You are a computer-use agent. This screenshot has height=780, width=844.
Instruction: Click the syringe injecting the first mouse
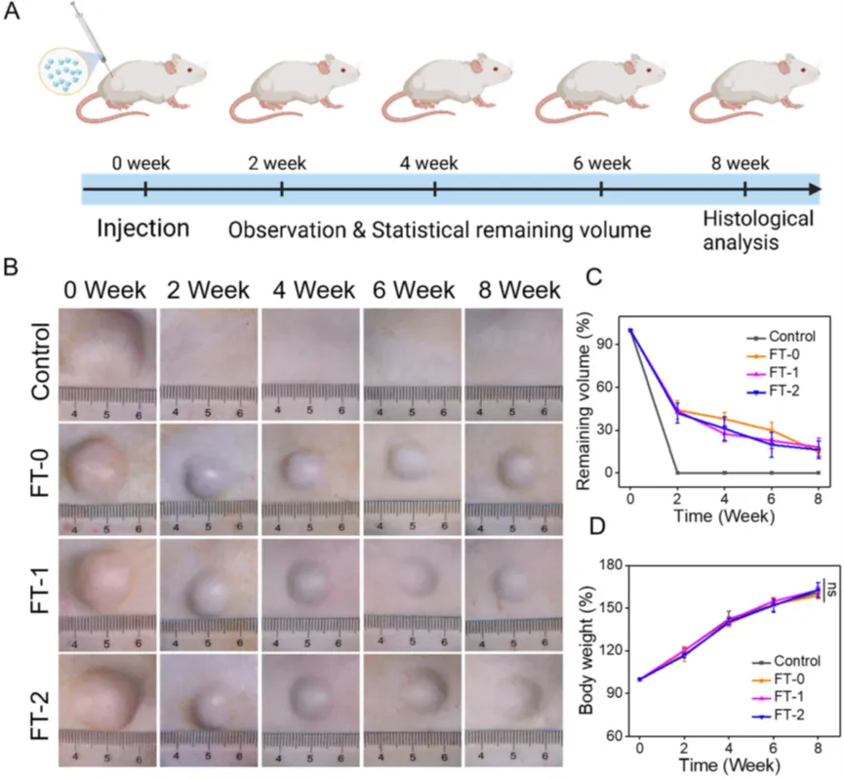[89, 40]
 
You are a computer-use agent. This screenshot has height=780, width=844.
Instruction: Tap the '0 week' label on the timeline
[143, 162]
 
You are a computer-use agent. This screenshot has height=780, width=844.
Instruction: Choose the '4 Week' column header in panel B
[308, 290]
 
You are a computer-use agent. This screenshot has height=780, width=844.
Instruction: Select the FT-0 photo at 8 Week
[512, 473]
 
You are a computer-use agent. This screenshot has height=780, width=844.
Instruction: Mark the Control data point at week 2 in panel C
[677, 472]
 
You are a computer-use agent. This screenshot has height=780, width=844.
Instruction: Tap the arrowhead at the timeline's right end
[815, 187]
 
